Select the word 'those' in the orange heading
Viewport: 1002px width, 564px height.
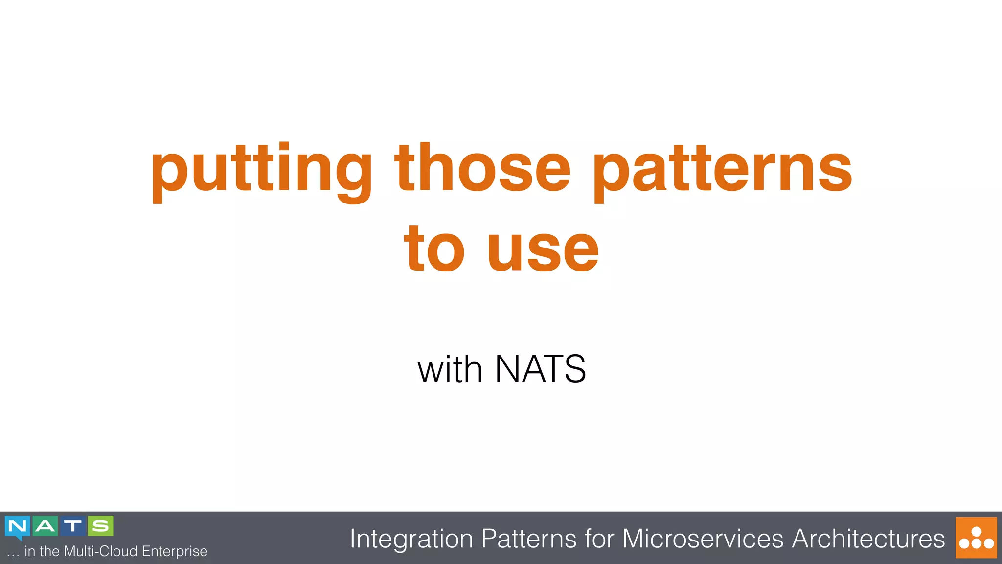tap(482, 169)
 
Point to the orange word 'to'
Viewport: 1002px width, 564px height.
tap(433, 249)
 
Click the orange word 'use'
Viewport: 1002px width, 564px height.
tap(543, 252)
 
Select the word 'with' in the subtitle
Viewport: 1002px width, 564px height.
tap(450, 370)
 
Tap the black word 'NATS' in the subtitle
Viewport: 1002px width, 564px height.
tap(540, 369)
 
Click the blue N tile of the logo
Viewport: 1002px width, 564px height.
tap(18, 526)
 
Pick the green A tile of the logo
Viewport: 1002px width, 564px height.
tap(45, 526)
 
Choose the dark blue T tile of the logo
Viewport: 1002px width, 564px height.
tap(73, 526)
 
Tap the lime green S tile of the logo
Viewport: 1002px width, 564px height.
tap(101, 526)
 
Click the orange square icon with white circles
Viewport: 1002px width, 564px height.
tap(976, 538)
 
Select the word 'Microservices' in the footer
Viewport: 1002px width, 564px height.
tap(703, 539)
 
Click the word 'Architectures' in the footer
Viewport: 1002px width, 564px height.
tap(868, 539)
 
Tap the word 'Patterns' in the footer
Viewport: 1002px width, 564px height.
tap(528, 539)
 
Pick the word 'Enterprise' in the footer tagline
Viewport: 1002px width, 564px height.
tap(174, 552)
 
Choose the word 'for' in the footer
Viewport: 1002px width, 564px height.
tap(599, 539)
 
